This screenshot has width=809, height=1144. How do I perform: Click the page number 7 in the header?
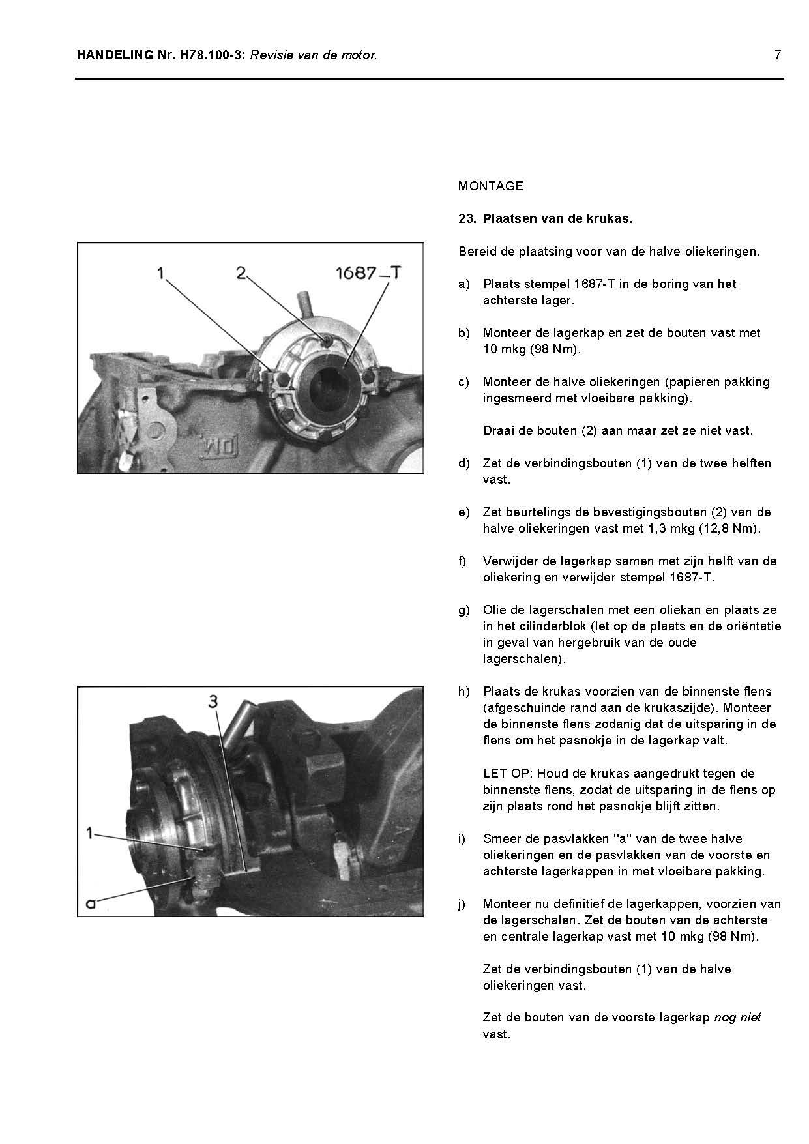click(x=777, y=55)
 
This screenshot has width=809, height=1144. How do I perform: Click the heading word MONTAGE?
click(x=490, y=186)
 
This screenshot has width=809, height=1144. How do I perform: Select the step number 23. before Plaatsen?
click(x=467, y=219)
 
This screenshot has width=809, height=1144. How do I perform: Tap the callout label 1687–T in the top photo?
click(x=367, y=273)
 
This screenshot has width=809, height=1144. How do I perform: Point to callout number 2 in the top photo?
click(x=241, y=273)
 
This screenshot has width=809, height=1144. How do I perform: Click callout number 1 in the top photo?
click(x=160, y=273)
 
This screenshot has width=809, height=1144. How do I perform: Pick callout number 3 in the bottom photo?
click(x=213, y=701)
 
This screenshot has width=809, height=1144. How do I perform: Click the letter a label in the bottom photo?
click(x=92, y=903)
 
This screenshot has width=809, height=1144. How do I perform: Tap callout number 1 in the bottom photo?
click(x=91, y=832)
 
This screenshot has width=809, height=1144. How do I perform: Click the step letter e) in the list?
click(x=463, y=512)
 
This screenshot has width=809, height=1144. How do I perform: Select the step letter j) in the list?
click(x=462, y=904)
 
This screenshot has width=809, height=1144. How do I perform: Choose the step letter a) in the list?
click(x=463, y=284)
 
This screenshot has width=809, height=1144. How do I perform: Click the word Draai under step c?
click(x=498, y=431)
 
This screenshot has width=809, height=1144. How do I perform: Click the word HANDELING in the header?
click(x=114, y=55)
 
